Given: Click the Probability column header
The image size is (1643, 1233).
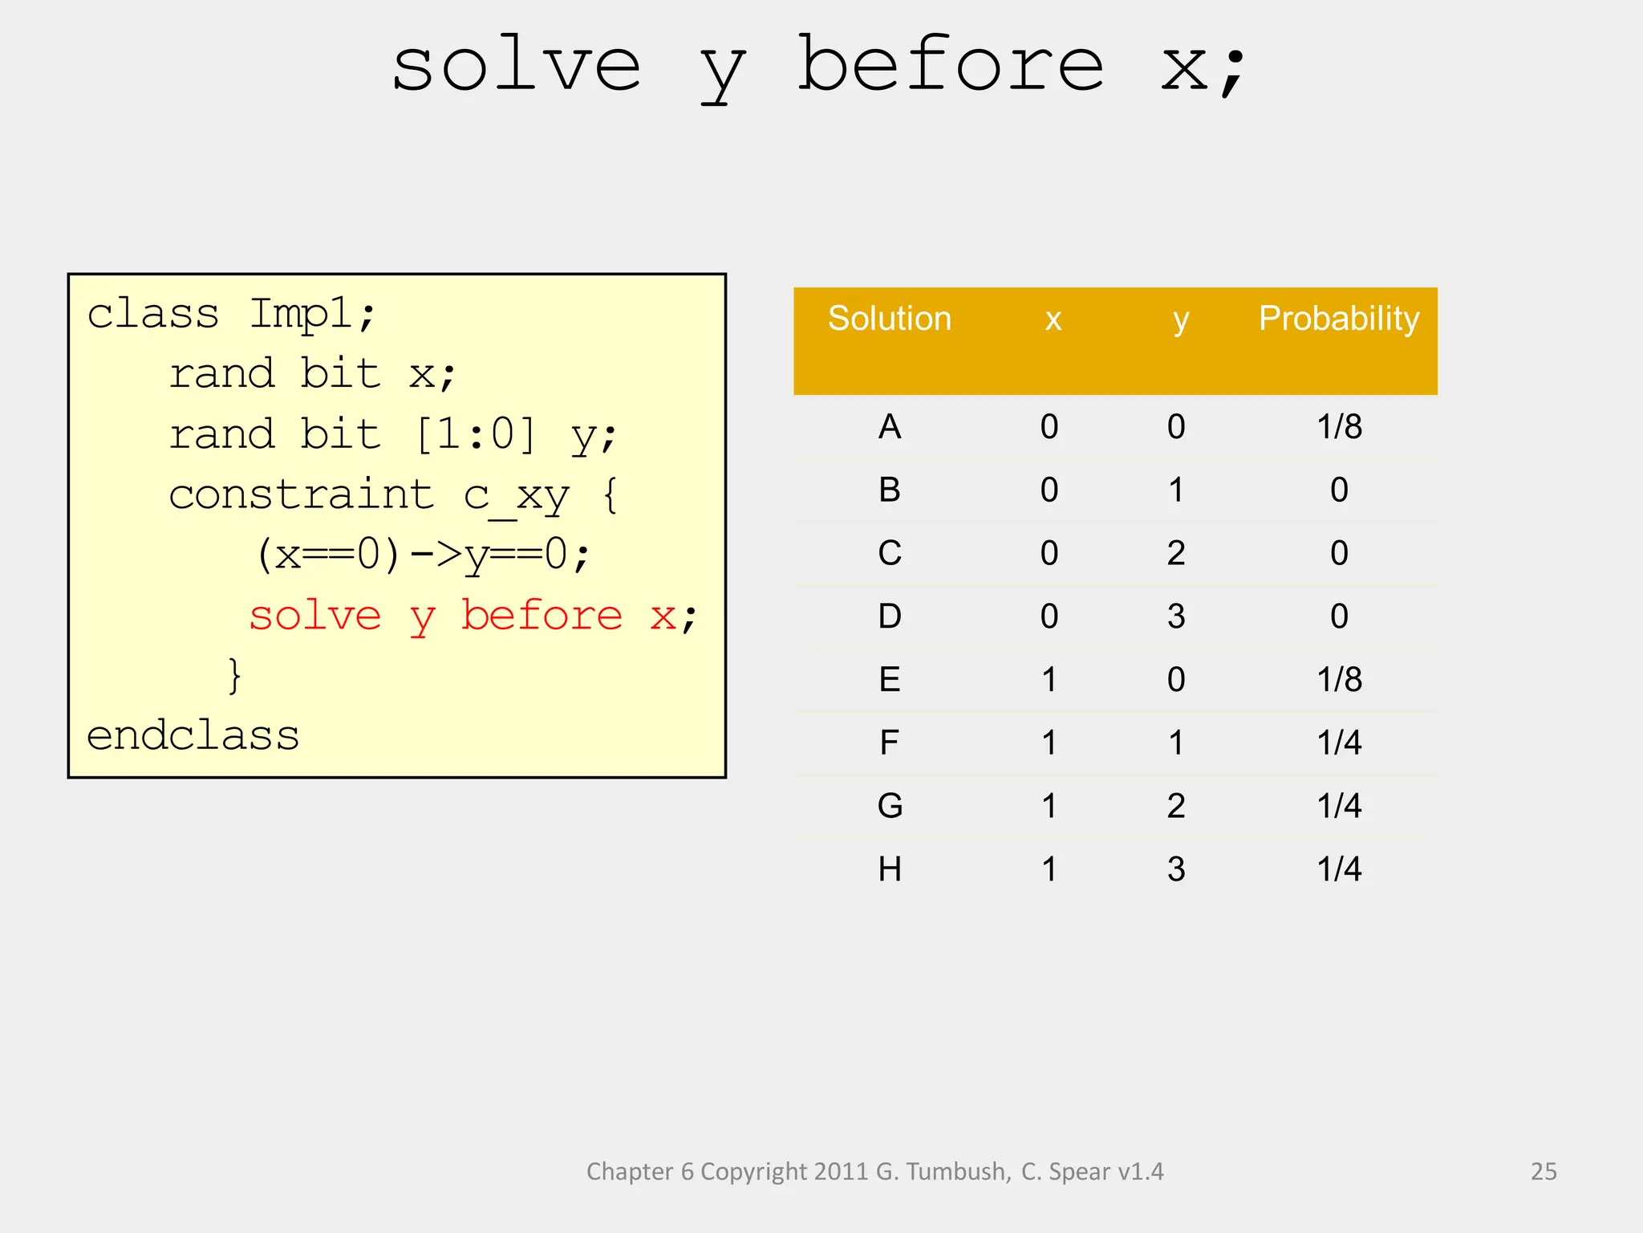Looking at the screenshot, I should pos(1338,319).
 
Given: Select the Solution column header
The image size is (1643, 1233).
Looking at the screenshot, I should pos(889,319).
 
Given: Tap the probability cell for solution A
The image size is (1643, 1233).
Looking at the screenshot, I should pos(1338,426).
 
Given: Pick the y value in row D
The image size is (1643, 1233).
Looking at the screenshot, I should pos(1175,616).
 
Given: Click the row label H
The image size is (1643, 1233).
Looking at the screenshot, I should pos(889,869).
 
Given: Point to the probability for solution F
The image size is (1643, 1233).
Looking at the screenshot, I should pos(1338,743).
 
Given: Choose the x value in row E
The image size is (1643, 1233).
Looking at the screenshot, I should pos(1049,680).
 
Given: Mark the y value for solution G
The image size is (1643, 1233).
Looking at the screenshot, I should pos(1175,806).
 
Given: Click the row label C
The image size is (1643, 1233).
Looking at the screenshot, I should pos(889,553).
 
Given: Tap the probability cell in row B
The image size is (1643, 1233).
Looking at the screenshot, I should pos(1338,490).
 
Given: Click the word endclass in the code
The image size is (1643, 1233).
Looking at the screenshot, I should pos(193,735).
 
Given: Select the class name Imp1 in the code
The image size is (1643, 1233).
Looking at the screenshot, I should pos(302,314).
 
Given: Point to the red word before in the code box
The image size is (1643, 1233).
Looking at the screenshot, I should pos(542,616).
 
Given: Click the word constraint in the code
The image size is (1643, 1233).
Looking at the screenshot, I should pos(301,494).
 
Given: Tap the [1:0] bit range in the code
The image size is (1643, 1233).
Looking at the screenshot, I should pos(475,434).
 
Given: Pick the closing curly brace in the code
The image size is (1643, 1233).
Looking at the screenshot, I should pos(233,675).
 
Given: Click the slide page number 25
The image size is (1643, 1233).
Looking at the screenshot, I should pos(1543,1171).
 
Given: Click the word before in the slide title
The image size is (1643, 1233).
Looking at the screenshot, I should pos(950,66).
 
